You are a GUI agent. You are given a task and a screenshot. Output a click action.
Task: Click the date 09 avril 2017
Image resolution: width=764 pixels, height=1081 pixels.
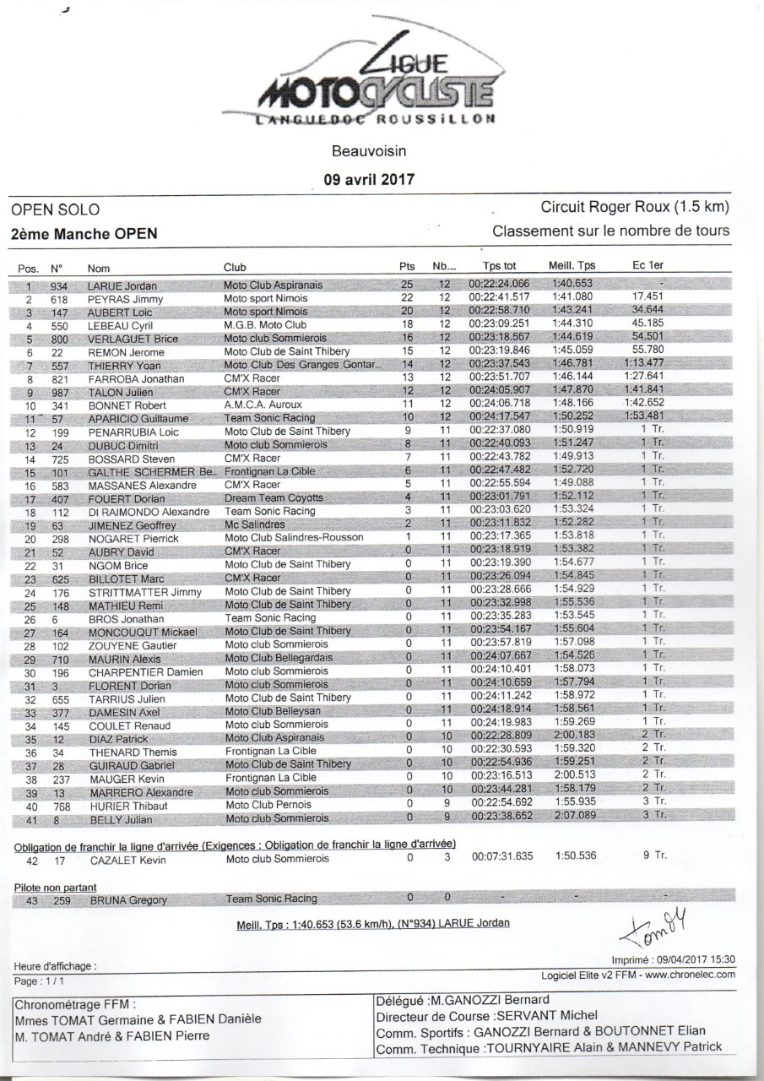click(x=369, y=178)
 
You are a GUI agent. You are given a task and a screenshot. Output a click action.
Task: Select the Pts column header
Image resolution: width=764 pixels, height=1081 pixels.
click(x=407, y=267)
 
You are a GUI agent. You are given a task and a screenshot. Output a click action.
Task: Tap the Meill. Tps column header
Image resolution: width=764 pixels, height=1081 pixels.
click(x=572, y=267)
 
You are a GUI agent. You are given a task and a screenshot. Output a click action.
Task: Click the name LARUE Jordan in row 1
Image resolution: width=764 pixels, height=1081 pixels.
click(x=122, y=285)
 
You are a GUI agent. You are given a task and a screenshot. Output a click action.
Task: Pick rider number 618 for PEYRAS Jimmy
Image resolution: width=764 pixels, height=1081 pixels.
click(x=59, y=299)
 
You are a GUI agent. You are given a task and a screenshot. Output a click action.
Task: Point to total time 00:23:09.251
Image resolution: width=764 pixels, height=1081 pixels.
click(x=499, y=325)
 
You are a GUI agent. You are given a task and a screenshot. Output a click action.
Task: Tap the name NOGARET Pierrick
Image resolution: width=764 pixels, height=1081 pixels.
click(x=133, y=538)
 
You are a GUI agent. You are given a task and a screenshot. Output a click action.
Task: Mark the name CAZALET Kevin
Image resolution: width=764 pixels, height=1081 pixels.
click(x=127, y=861)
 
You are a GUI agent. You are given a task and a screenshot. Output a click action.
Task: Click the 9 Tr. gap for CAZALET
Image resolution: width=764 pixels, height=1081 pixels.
click(x=654, y=856)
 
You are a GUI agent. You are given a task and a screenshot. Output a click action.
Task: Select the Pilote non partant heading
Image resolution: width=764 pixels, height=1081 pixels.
click(x=56, y=888)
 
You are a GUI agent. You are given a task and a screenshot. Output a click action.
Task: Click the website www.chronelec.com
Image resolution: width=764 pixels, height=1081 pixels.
click(x=691, y=974)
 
